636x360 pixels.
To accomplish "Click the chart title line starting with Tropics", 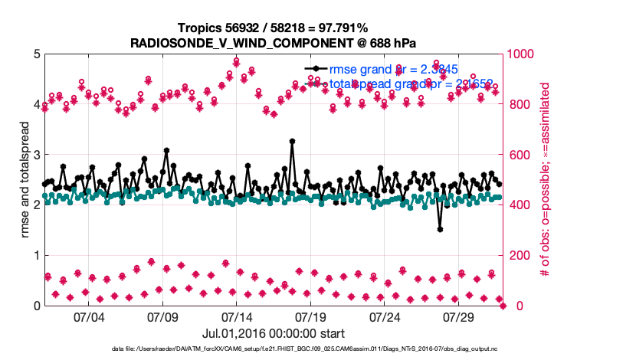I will pyautogui.click(x=274, y=28).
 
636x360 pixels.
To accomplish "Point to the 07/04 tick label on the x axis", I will pyautogui.click(x=89, y=316).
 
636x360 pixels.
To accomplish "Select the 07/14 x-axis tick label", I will pyautogui.click(x=237, y=316).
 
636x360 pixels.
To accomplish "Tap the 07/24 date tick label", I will pyautogui.click(x=385, y=316).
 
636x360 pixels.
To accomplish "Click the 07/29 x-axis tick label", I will pyautogui.click(x=459, y=316).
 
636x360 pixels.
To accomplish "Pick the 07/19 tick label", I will pyautogui.click(x=311, y=316).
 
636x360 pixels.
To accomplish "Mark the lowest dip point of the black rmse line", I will pyautogui.click(x=440, y=229).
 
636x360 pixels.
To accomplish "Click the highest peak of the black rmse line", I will pyautogui.click(x=292, y=141).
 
